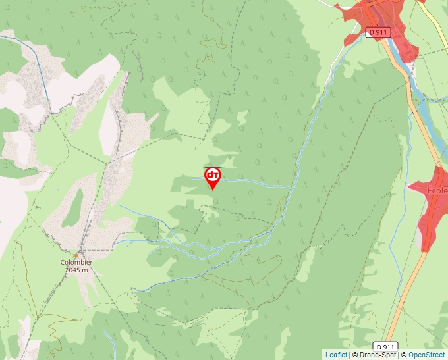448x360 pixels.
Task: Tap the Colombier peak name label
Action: pyautogui.click(x=76, y=261)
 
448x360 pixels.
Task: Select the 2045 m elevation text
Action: pyautogui.click(x=76, y=269)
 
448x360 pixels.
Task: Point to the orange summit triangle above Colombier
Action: pyautogui.click(x=76, y=254)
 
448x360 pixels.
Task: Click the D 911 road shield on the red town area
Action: pyautogui.click(x=378, y=31)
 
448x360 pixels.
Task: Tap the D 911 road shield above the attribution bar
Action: pyautogui.click(x=387, y=346)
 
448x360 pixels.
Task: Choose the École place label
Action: pyautogui.click(x=437, y=191)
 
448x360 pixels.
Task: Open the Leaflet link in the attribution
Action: pyautogui.click(x=336, y=355)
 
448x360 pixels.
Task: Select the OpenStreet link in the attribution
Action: pyautogui.click(x=426, y=355)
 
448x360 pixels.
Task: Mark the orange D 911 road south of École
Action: pyautogui.click(x=405, y=290)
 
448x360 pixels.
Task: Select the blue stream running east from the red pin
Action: pyautogui.click(x=257, y=182)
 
